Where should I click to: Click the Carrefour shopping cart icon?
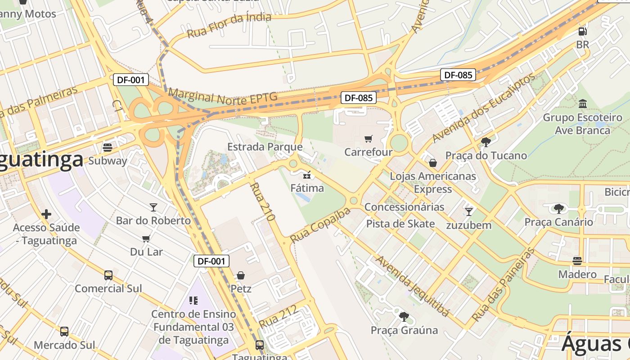coord(369,139)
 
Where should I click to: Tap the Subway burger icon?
coord(108,147)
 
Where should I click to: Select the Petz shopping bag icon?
coord(241,275)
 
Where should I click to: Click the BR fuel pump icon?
coord(582,31)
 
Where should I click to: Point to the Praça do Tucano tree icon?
coord(486,142)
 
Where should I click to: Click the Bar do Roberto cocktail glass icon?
coord(153,207)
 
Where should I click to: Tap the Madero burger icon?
coord(577,261)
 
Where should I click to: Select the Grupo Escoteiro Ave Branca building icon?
coord(583,104)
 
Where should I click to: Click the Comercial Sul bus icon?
coord(108,275)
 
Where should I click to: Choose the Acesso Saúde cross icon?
coord(46,214)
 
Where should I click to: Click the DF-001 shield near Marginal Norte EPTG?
coord(130,80)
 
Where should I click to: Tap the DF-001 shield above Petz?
coord(211,261)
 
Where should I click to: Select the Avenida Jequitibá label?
coord(413,286)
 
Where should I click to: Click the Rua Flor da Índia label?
coord(229,25)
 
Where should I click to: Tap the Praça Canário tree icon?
coord(558,208)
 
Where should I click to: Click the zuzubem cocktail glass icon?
coord(469,211)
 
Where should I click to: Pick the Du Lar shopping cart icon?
coord(146,238)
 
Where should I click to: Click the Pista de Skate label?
coord(400,224)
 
